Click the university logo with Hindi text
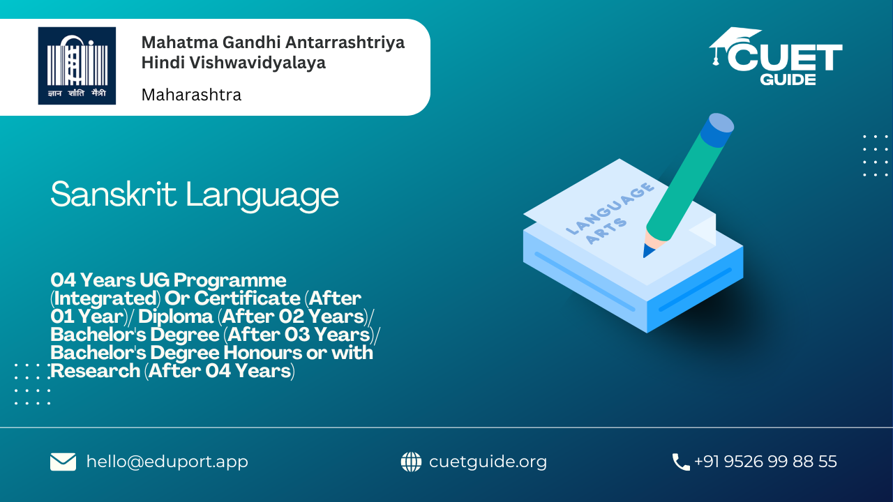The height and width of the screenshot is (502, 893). pos(77,66)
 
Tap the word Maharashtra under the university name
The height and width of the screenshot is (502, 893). pos(191,95)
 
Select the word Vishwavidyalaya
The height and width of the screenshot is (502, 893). pos(257,63)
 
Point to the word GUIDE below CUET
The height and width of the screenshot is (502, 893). pos(788,79)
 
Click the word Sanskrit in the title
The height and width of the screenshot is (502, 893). pos(114,195)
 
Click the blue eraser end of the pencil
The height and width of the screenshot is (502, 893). pos(716,130)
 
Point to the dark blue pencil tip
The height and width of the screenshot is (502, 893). pos(647,250)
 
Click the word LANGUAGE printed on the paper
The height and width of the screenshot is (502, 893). pos(610,208)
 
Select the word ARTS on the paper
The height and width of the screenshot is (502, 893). pos(606,231)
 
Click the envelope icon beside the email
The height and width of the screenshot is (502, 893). pos(63,462)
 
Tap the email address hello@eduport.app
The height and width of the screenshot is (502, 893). pos(167,462)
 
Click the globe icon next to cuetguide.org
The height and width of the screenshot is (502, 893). pos(411,462)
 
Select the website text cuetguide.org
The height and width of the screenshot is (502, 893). pos(488,462)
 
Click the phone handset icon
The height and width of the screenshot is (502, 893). pos(681,462)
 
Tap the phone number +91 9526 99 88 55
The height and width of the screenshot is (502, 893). pos(765,462)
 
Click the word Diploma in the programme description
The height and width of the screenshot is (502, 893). pos(175,317)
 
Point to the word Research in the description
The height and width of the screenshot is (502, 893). pos(96,371)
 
